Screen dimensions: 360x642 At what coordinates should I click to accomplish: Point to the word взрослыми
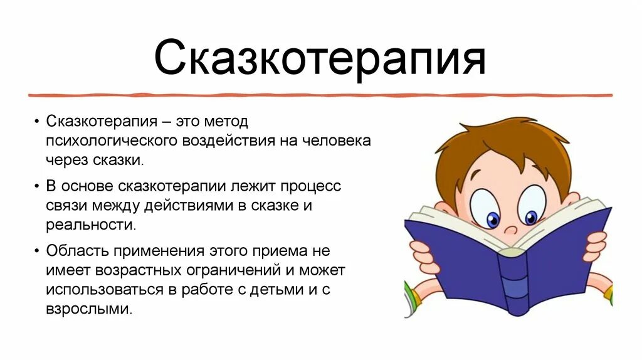89,309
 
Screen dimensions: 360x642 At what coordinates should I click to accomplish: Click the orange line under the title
320,95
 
